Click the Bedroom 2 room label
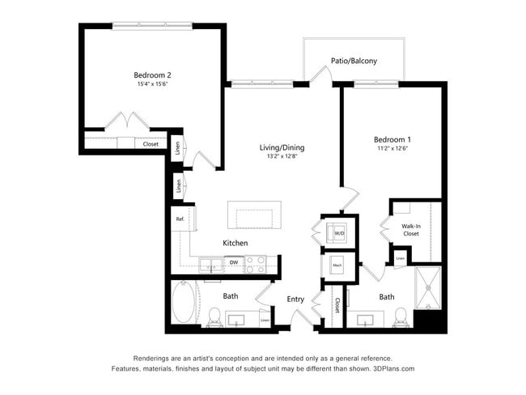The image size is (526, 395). pos(152,75)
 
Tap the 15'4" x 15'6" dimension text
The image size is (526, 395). pos(152,85)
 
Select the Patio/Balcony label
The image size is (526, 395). pos(354,61)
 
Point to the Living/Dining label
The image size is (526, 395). pos(282,147)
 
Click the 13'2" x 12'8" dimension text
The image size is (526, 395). pos(282,157)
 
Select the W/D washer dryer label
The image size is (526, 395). pos(339,234)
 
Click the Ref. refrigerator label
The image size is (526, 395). pos(180,219)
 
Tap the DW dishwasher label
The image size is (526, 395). pos(233,262)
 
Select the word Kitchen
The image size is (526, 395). pos(235,243)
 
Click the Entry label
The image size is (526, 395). pos(295,299)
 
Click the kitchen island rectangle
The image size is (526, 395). pos(255,216)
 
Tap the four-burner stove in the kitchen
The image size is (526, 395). pos(255,263)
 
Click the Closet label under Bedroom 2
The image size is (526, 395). pos(151,144)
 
